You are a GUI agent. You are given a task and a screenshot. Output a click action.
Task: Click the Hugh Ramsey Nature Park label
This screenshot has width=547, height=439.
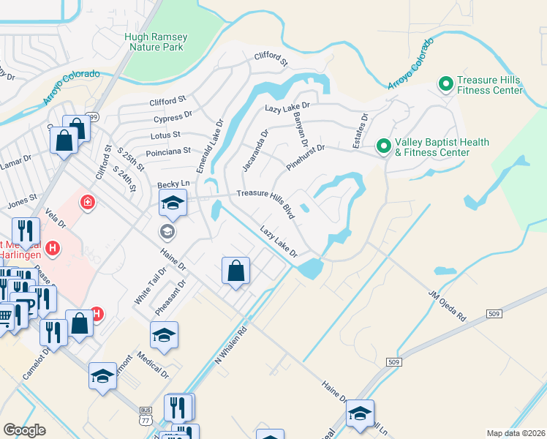tap(156, 42)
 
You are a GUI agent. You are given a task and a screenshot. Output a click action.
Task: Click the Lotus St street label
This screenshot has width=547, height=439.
tap(166, 135)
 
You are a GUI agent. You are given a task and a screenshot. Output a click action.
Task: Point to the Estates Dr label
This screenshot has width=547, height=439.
tap(359, 130)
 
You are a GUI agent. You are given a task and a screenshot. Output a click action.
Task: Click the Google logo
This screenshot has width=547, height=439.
tap(24, 430)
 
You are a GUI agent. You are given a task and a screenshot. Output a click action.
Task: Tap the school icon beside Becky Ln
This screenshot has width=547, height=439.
tap(173, 204)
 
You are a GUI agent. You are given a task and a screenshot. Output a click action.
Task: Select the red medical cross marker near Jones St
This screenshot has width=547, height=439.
tap(88, 201)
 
